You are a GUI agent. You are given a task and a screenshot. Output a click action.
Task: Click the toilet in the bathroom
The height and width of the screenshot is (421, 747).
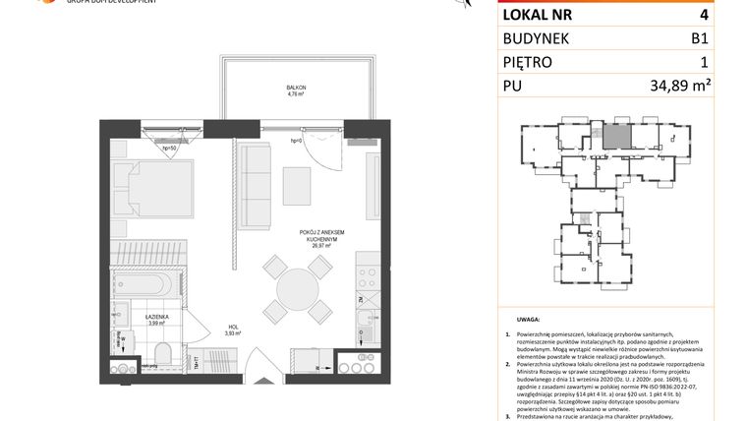coord(163,353)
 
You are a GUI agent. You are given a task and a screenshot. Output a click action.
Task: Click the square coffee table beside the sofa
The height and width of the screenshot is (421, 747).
coord(298,184)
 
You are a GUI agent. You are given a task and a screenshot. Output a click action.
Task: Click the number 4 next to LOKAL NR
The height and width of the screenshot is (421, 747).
coord(703,15)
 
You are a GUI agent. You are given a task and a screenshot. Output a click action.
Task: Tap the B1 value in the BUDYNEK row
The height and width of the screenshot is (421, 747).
coord(699,42)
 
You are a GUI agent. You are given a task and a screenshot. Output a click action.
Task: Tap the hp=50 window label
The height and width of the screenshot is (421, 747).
coord(169,148)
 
